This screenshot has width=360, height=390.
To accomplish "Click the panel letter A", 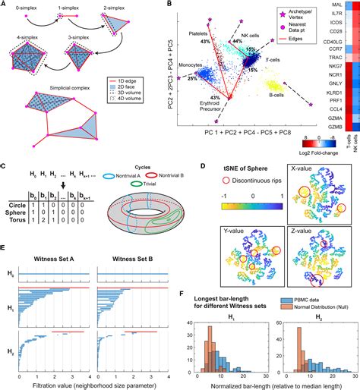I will coord(5,5).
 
